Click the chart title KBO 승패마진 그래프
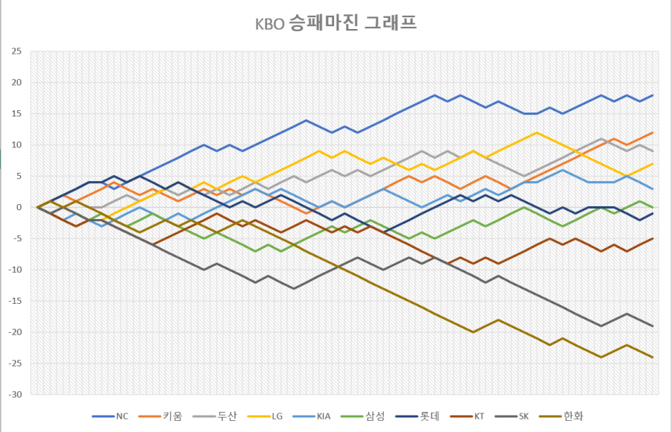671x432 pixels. [x=335, y=25]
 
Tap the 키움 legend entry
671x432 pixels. [x=172, y=416]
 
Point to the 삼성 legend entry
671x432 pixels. [x=375, y=416]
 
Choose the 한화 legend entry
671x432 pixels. [x=571, y=416]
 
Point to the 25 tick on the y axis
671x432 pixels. [x=16, y=51]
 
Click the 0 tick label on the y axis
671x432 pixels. [x=19, y=207]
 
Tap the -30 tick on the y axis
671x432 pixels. [x=15, y=394]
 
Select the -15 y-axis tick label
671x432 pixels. [x=15, y=301]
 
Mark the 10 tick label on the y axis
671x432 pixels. [x=16, y=144]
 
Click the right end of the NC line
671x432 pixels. [x=652, y=95]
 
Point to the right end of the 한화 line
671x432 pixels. [x=652, y=357]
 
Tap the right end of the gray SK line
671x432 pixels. [x=652, y=325]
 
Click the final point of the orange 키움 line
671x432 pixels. [x=652, y=133]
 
